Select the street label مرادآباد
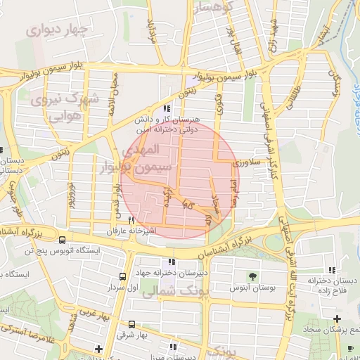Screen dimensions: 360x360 click(x=150, y=29)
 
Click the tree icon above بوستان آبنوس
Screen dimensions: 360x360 click(x=252, y=275)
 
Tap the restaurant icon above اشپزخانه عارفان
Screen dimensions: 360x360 click(x=131, y=220)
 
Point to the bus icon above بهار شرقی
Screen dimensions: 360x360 click(x=131, y=323)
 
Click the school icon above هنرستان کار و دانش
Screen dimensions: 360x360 click(x=167, y=108)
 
